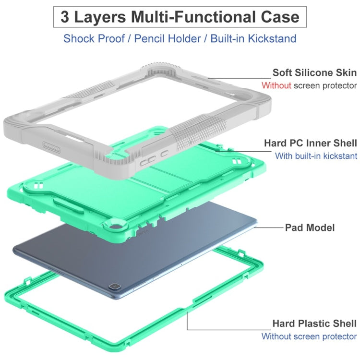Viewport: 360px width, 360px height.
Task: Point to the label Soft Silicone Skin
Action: (314, 72)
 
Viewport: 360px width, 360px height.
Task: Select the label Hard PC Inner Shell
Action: (311, 143)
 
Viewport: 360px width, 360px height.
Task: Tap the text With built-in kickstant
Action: (316, 156)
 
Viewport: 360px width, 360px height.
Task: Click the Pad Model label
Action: (310, 227)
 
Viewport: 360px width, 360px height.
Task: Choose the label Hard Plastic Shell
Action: (314, 324)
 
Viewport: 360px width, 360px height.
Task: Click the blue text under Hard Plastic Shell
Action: (309, 336)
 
